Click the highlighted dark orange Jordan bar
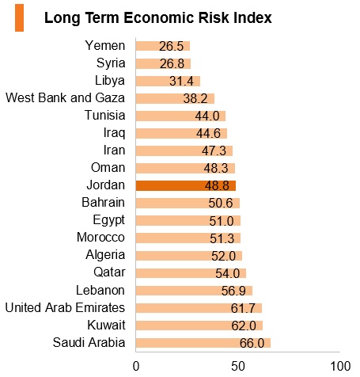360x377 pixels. coord(186,185)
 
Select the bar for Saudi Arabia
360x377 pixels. coord(203,343)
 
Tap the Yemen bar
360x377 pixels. coord(163,46)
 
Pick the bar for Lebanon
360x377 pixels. coord(194,291)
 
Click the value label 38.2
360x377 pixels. coord(195,99)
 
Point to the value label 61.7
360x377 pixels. coord(243,308)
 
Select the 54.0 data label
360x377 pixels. coord(228,273)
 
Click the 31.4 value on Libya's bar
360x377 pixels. coord(181,81)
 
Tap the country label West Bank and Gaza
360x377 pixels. coord(65,97)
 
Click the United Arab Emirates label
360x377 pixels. coord(65,307)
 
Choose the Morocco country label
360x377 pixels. coord(100,238)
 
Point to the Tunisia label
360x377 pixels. coord(105,115)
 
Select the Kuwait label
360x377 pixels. coord(106,325)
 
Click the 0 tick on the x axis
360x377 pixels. coord(136,367)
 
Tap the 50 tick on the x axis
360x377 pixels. coord(238,367)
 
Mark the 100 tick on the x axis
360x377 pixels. coord(340,367)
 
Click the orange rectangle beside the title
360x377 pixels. coord(20,17)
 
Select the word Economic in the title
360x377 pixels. coord(159,17)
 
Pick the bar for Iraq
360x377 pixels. coord(181,133)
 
